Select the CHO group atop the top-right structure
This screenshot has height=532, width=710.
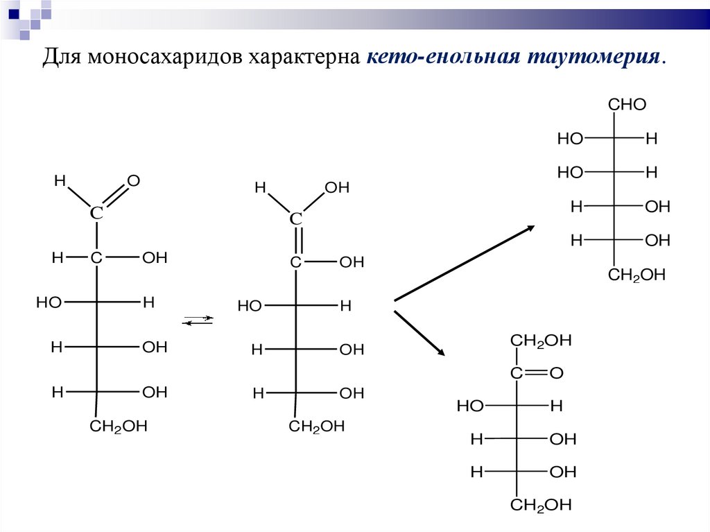[x=627, y=105]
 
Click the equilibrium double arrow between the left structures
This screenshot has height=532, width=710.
[x=198, y=320]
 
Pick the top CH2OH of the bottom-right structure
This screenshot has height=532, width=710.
[x=541, y=341]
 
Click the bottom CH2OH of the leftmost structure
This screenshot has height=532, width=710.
[x=119, y=426]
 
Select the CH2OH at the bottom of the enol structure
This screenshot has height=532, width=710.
[x=317, y=427]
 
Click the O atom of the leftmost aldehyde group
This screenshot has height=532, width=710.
[x=134, y=181]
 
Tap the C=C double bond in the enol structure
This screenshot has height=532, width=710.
[x=296, y=241]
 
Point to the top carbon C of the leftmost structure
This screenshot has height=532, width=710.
[x=96, y=214]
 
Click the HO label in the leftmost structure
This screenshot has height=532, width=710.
[x=49, y=302]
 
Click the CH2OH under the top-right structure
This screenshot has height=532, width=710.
[x=637, y=275]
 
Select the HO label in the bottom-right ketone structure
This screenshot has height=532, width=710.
[x=470, y=406]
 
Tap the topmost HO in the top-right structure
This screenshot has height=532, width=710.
[x=570, y=139]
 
